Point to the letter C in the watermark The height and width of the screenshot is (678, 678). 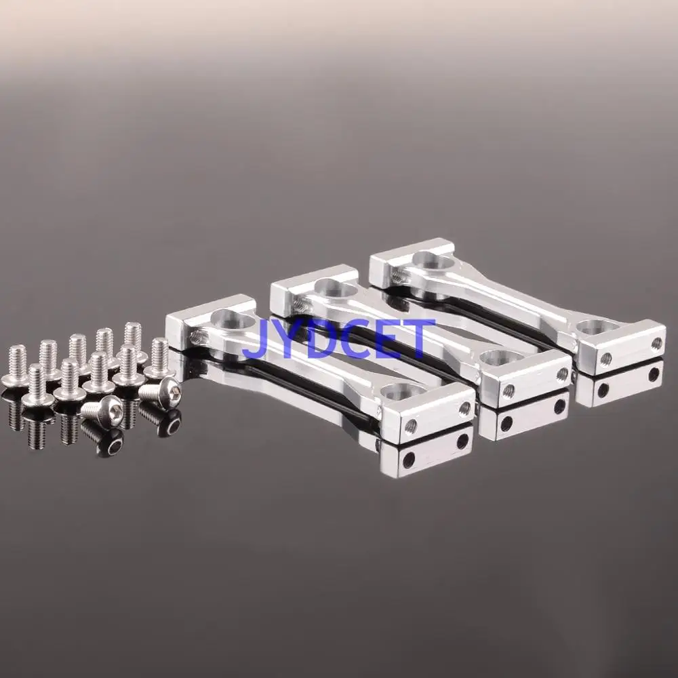pyautogui.click(x=354, y=340)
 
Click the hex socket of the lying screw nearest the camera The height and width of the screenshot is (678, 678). pyautogui.click(x=112, y=407)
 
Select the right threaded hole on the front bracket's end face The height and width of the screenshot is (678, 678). pyautogui.click(x=464, y=407)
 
